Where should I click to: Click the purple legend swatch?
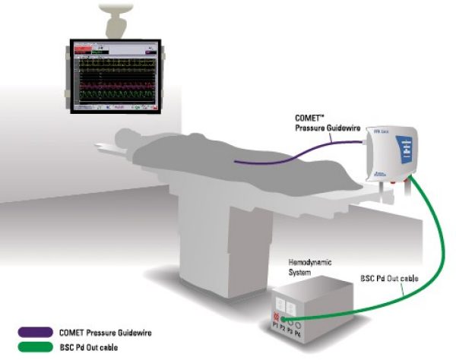point(37,331)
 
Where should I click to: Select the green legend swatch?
point(37,346)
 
